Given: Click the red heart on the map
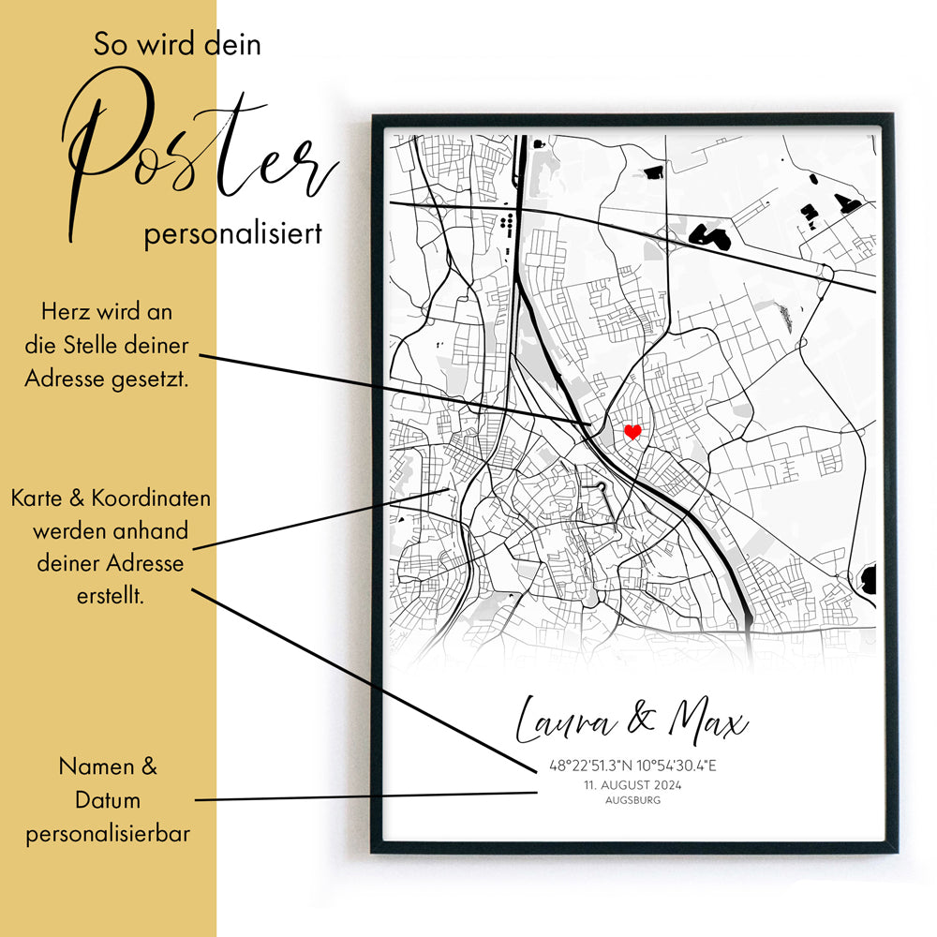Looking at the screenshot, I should [632, 432].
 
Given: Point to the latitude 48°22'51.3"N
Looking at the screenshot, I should [591, 766].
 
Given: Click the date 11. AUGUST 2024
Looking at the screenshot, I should [632, 785].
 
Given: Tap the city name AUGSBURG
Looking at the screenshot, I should [632, 800].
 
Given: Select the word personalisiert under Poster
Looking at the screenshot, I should [232, 233].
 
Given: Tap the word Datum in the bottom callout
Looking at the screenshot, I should [109, 800].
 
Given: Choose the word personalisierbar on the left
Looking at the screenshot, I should [108, 833].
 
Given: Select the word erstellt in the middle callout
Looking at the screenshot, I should [110, 596].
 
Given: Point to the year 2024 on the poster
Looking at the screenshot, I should [666, 785].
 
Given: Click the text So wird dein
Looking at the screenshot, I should [177, 45].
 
